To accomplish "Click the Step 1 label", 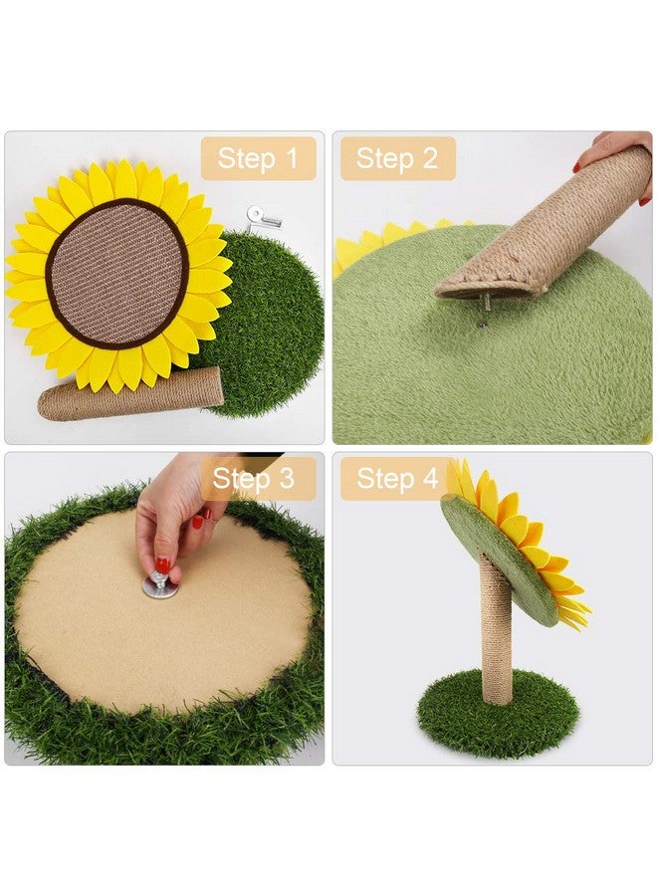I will coord(258,158).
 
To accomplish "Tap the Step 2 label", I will coord(397,158).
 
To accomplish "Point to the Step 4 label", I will coord(397,479).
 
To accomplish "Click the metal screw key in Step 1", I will coord(264,214).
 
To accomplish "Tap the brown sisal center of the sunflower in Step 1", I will coord(117,271).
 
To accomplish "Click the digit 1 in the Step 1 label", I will coord(291,158).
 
